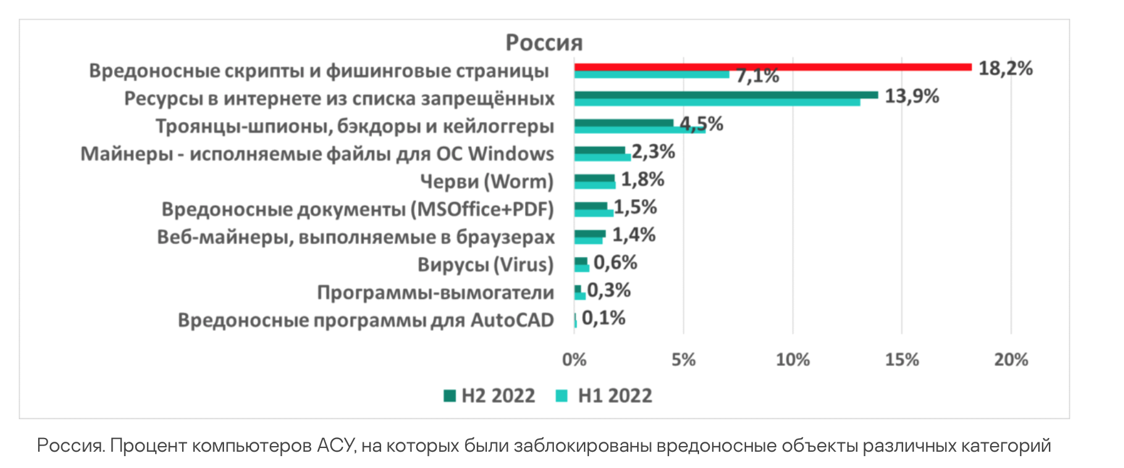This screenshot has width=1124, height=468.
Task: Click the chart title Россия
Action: [x=544, y=43]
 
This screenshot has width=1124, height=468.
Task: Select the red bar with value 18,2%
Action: [x=772, y=67]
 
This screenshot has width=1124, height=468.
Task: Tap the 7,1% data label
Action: [x=757, y=76]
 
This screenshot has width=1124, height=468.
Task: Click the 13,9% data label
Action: [x=911, y=96]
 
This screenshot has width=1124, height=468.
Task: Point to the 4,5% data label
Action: [x=702, y=124]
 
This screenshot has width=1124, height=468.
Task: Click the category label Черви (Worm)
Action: [x=487, y=181]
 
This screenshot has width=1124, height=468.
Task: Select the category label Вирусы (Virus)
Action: [x=486, y=265]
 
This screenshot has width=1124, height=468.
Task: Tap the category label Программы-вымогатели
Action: [x=436, y=292]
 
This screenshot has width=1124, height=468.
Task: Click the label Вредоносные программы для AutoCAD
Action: [x=365, y=320]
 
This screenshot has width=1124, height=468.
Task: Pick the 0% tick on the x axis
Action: [x=574, y=360]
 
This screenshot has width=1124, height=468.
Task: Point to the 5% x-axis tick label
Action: [x=683, y=360]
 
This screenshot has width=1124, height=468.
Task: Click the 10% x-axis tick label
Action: [x=792, y=360]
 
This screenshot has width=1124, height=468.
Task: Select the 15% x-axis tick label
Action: [x=902, y=360]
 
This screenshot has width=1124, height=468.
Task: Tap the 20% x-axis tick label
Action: [x=1011, y=360]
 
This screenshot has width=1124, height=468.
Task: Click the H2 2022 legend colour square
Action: [x=449, y=396]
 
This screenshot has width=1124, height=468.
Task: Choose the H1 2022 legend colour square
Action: [x=562, y=396]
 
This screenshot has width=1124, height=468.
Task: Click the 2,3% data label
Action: [x=653, y=152]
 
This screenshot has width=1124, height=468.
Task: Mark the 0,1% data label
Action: [x=603, y=318]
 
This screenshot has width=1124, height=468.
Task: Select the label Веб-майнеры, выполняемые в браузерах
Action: [x=355, y=237]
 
